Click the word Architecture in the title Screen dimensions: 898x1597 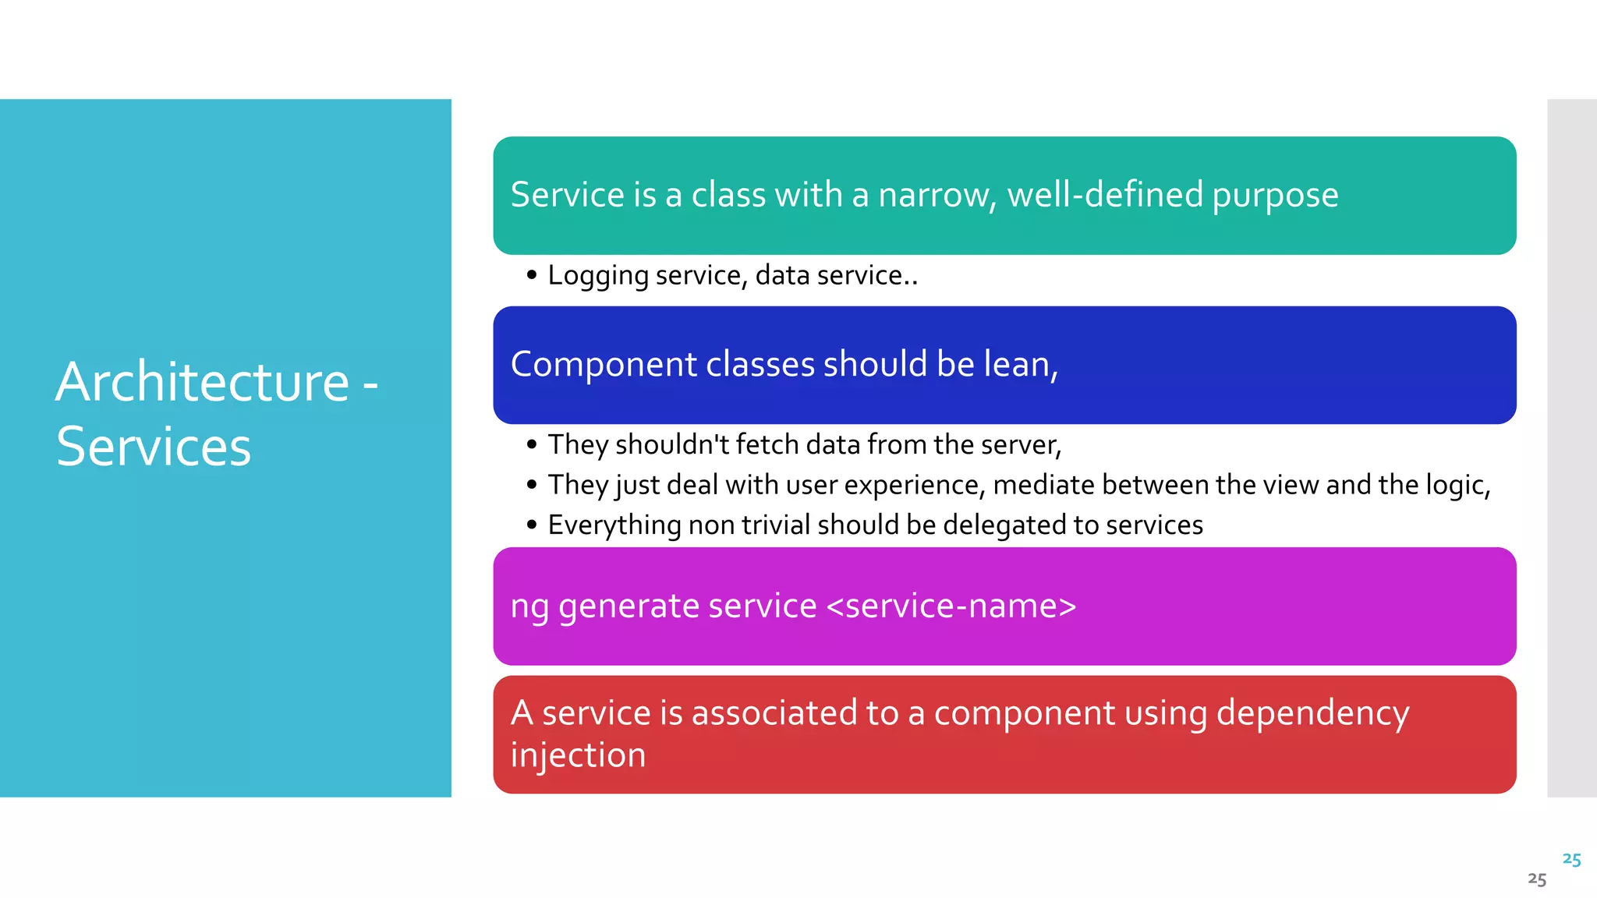point(202,383)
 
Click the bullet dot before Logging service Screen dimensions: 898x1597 point(532,275)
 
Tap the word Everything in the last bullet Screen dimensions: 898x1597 point(614,525)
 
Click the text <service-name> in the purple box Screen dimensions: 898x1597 point(951,606)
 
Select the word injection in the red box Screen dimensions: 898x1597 point(578,755)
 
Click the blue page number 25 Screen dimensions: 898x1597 point(1571,860)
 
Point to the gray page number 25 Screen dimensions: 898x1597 point(1536,880)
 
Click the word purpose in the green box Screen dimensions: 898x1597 point(1275,195)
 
